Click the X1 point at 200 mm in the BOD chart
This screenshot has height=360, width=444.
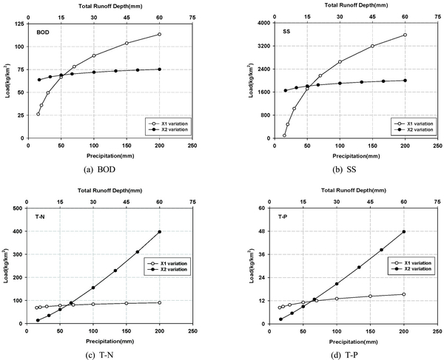[159, 35]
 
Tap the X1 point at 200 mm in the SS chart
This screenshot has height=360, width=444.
[405, 35]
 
